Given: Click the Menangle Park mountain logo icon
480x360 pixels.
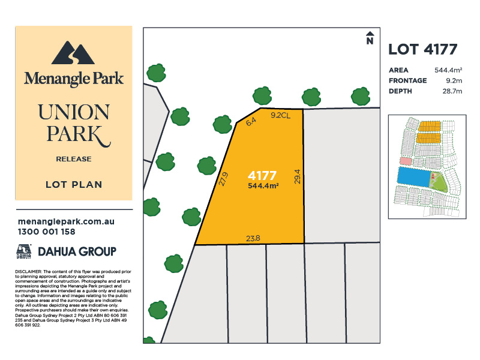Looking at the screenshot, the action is pyautogui.click(x=73, y=53).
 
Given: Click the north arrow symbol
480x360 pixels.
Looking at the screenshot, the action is pyautogui.click(x=370, y=38).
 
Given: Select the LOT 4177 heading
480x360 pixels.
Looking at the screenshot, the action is pyautogui.click(x=423, y=50).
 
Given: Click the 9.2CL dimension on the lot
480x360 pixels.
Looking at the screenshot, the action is pyautogui.click(x=281, y=115).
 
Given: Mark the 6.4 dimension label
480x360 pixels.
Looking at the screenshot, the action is pyautogui.click(x=251, y=121).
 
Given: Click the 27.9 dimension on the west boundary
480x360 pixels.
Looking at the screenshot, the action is pyautogui.click(x=224, y=180).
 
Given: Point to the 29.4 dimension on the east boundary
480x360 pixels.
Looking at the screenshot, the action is pyautogui.click(x=297, y=176).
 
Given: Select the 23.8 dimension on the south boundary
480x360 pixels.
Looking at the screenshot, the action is pyautogui.click(x=253, y=238).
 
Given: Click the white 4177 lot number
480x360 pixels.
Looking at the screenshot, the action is pyautogui.click(x=262, y=176).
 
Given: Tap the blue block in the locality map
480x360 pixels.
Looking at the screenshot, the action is pyautogui.click(x=414, y=177).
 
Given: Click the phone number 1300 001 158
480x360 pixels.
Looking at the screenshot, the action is pyautogui.click(x=47, y=232).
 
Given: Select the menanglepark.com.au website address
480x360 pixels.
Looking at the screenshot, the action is pyautogui.click(x=66, y=221).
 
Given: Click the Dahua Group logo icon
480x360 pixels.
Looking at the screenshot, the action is pyautogui.click(x=24, y=251).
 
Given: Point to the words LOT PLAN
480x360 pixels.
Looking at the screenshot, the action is pyautogui.click(x=74, y=185).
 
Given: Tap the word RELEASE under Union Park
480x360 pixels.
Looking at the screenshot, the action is pyautogui.click(x=73, y=159).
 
